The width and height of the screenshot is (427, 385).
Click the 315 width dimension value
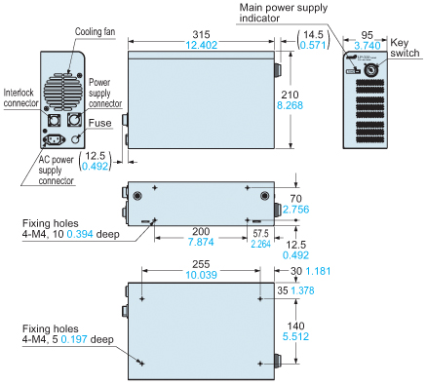(x=201, y=34)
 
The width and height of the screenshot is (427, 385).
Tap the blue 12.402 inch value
(x=201, y=45)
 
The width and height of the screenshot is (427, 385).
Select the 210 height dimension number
(x=290, y=95)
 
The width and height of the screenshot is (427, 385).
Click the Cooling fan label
(x=95, y=32)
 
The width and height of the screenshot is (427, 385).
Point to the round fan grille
(x=63, y=91)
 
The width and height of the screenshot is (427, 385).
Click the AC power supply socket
(x=54, y=140)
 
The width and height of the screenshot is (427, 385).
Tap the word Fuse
(x=99, y=123)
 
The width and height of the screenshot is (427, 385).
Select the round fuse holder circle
(x=76, y=138)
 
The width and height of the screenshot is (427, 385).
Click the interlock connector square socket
(x=54, y=120)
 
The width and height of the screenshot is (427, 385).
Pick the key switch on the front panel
(x=369, y=70)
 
